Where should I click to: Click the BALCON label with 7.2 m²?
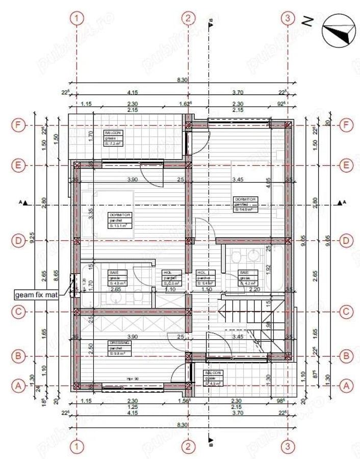click(x=112, y=138)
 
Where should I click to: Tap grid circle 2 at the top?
click(x=188, y=18)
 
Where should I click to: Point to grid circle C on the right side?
click(x=347, y=311)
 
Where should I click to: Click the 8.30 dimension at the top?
click(x=183, y=80)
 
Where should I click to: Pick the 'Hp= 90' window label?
click(x=134, y=379)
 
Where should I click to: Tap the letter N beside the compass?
click(x=307, y=21)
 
